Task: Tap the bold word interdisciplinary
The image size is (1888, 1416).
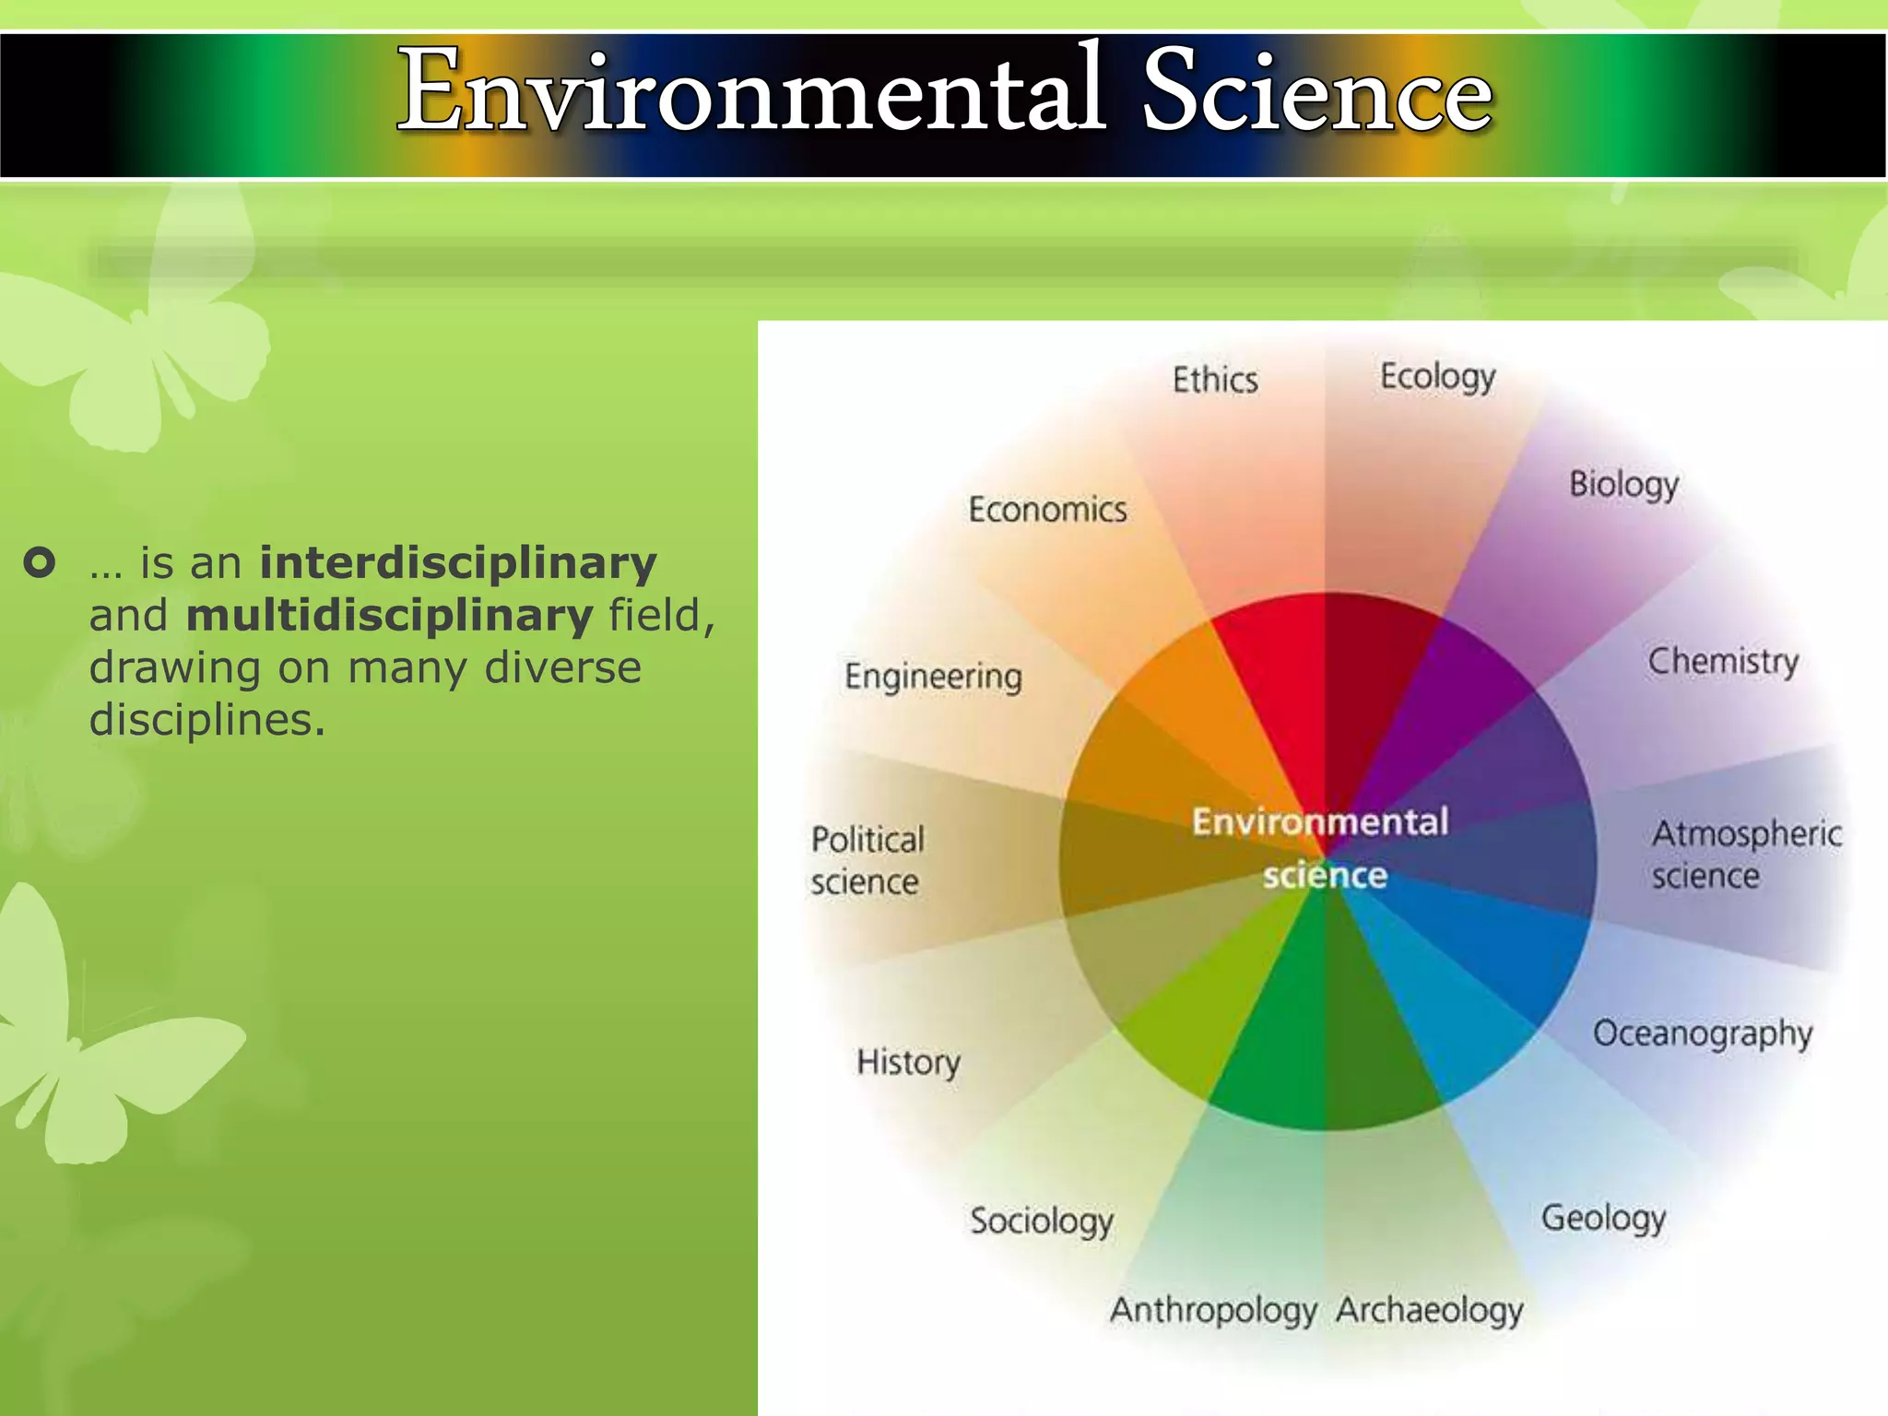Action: coord(458,563)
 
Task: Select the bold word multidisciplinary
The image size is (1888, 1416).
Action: coord(389,616)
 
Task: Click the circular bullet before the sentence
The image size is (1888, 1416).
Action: coord(40,561)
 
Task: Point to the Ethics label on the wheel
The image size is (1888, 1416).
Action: coord(1215,380)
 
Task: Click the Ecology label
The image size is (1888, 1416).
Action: coord(1437,377)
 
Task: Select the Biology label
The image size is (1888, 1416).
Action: coord(1623,485)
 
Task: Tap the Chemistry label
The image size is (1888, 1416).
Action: coord(1723,661)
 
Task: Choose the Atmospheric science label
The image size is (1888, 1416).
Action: coord(1744,854)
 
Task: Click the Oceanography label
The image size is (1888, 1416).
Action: coord(1702,1034)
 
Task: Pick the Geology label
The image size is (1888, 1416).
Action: coord(1603,1219)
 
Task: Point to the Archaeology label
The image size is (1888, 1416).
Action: coord(1429,1310)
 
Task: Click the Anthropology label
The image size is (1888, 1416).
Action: coord(1213,1310)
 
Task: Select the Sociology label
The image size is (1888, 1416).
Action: coord(1041,1221)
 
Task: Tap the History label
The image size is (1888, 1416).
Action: coord(908,1063)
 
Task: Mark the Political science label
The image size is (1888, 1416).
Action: coord(867,860)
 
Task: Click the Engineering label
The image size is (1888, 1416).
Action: coord(933,677)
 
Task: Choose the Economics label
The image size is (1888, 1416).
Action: coord(1047,510)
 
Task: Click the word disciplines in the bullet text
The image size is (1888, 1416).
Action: coord(206,720)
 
